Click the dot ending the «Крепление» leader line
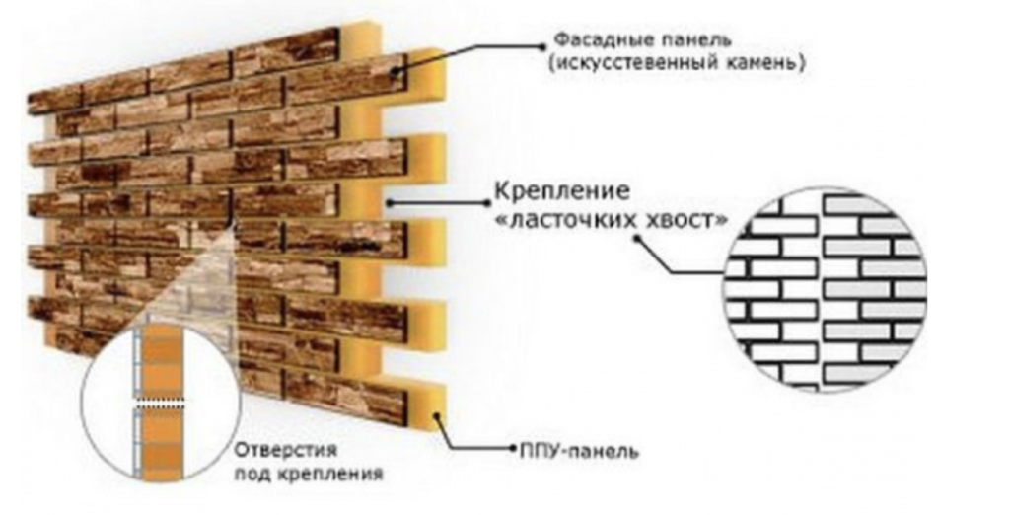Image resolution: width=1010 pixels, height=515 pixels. [392, 203]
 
